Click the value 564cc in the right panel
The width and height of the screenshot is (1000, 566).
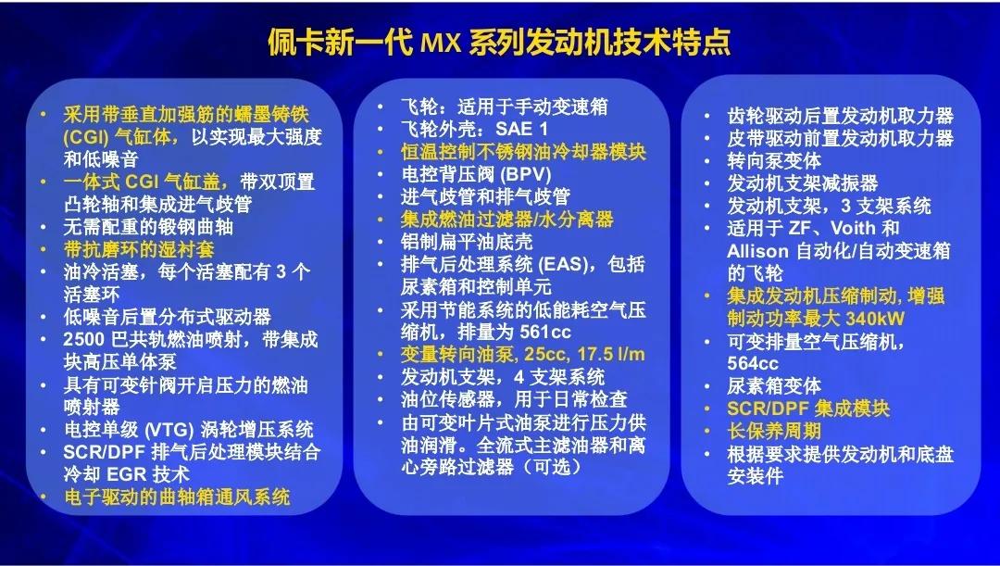(754, 363)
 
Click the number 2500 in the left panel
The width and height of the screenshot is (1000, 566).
(86, 339)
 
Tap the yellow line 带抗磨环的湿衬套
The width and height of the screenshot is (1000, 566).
(138, 249)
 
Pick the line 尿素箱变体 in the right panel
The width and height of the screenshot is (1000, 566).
(774, 386)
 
